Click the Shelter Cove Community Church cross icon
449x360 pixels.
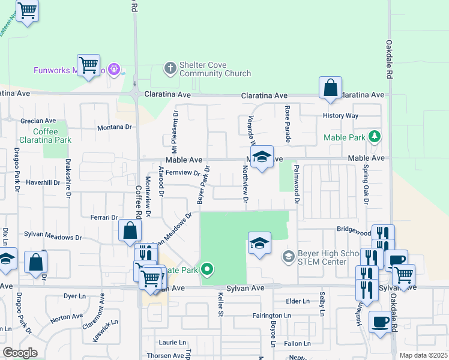coord(170,67)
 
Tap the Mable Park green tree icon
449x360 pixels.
coord(375,137)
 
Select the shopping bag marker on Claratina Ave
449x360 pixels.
coord(330,88)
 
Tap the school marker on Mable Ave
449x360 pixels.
coord(262,158)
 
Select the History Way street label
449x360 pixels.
coord(340,115)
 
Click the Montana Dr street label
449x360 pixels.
coord(115,127)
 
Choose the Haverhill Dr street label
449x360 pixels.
coord(40,182)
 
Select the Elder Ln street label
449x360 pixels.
coord(298,301)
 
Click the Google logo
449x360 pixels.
coord(20,353)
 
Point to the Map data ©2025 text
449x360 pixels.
coord(423,355)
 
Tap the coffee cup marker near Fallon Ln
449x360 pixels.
coord(380,322)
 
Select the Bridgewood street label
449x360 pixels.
coord(354,230)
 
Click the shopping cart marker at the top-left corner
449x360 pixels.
coord(27,11)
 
